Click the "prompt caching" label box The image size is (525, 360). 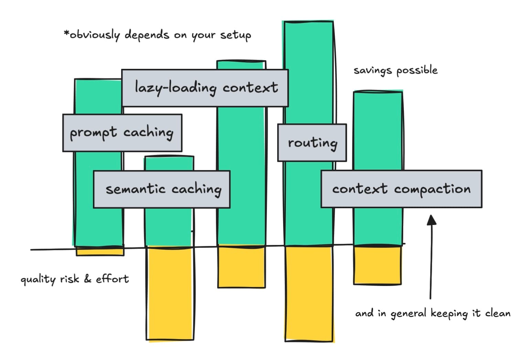pos(122,133)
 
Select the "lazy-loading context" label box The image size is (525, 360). pos(205,88)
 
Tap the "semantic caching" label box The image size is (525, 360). pos(162,189)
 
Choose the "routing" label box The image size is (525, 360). pos(312,142)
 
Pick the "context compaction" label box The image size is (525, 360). pos(401,189)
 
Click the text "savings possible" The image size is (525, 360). pos(395,71)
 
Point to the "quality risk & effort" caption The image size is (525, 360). pos(75,279)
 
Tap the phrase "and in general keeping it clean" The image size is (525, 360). pos(432,314)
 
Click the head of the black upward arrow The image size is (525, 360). pos(431,220)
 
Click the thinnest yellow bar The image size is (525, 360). pos(100,252)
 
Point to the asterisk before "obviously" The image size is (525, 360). pos(66,33)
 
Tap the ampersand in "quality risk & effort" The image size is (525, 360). pos(88,279)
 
